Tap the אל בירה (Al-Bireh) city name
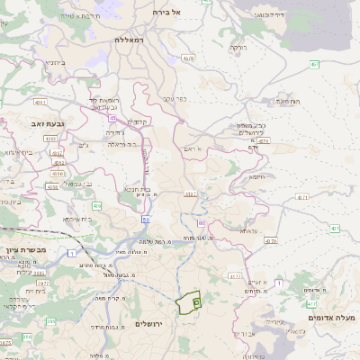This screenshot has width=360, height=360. (x=167, y=12)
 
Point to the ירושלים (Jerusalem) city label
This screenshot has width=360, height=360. (x=151, y=323)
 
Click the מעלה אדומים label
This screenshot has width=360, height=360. (x=332, y=318)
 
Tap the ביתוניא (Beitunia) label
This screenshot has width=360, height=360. (x=57, y=63)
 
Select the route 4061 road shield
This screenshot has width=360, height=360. (x=191, y=193)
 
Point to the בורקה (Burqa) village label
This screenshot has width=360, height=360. (x=238, y=47)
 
